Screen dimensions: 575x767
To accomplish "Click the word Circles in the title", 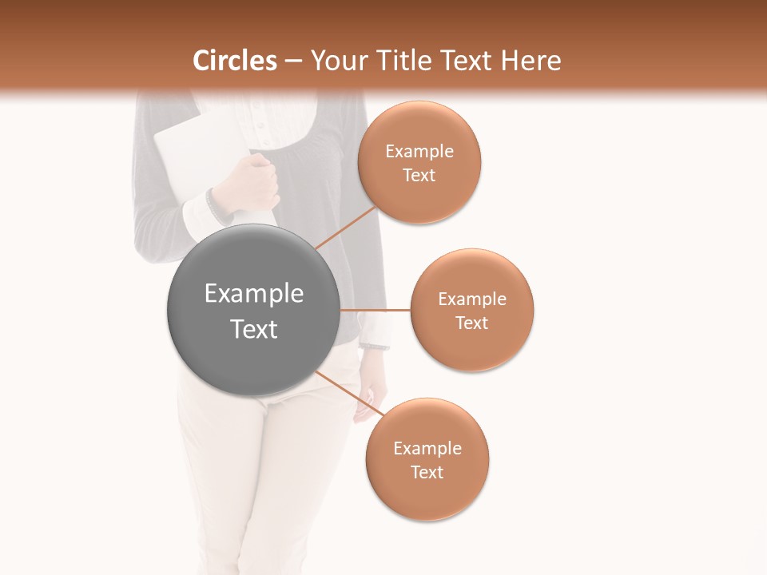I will [235, 61].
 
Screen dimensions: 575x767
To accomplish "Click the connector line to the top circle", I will [345, 228].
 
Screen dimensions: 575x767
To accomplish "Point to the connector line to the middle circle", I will [375, 309].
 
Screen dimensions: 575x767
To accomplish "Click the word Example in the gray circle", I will [253, 294].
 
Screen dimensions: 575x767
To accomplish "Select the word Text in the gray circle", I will [253, 329].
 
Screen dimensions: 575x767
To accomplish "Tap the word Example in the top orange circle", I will [419, 152].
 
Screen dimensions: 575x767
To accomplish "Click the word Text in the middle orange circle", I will [472, 323].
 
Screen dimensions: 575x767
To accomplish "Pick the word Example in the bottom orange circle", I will [427, 449].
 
